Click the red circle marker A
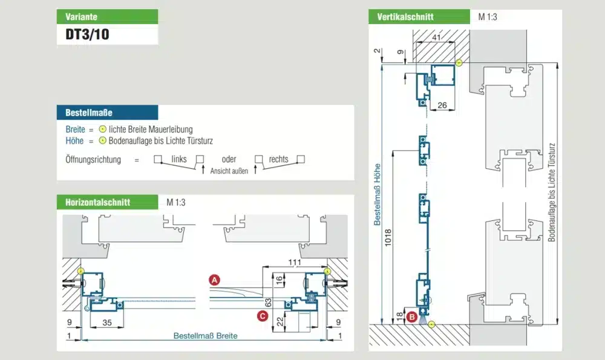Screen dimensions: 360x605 click(214, 280)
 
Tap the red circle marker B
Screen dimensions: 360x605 click(411, 315)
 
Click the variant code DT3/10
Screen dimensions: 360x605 click(88, 34)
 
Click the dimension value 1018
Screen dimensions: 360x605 click(388, 241)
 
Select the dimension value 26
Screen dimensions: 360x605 click(442, 106)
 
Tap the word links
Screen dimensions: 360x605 click(179, 160)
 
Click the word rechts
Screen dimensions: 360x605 click(279, 160)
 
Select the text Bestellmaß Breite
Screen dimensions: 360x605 click(205, 336)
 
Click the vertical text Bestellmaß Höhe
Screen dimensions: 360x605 click(376, 194)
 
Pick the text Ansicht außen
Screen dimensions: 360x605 click(229, 171)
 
